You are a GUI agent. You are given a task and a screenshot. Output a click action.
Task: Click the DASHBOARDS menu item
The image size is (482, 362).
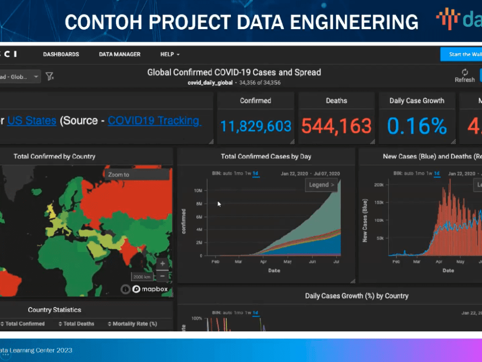(61, 54)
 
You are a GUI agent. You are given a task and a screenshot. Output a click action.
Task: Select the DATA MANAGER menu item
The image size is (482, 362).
(119, 54)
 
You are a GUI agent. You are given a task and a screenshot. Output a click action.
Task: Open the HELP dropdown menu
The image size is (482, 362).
(170, 54)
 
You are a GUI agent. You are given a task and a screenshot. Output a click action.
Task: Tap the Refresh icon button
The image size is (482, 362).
(464, 72)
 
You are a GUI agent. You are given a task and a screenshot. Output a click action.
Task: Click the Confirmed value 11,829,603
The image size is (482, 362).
(256, 126)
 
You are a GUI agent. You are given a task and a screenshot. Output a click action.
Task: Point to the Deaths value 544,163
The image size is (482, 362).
(336, 126)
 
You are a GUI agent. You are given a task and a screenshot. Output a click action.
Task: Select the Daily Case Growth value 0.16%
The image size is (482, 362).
(417, 126)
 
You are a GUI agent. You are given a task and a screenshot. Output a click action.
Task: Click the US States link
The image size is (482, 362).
(32, 121)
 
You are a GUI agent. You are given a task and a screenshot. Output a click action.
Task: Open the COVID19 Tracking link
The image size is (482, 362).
(154, 121)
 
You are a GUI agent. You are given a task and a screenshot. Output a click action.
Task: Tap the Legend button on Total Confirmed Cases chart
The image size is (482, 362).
(322, 185)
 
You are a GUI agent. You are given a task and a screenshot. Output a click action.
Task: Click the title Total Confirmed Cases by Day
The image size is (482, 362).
(266, 156)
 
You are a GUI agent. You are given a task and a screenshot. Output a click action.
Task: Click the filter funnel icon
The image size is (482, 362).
(49, 76)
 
